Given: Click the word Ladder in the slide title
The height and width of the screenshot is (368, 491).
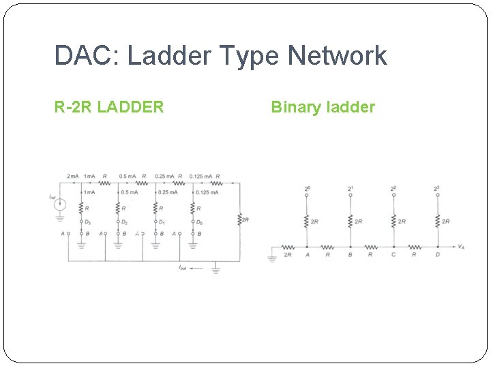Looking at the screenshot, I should pyautogui.click(x=161, y=56).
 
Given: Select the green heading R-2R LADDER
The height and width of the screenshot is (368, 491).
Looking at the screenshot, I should pyautogui.click(x=109, y=107).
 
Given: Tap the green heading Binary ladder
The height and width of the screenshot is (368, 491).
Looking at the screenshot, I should pyautogui.click(x=323, y=107).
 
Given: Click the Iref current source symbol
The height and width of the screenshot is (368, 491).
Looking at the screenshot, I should pyautogui.click(x=60, y=203).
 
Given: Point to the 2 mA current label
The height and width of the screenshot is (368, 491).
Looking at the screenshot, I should pyautogui.click(x=73, y=177).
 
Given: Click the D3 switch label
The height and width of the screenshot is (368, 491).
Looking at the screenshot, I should pyautogui.click(x=87, y=221).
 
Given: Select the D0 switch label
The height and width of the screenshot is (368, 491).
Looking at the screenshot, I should pyautogui.click(x=199, y=221).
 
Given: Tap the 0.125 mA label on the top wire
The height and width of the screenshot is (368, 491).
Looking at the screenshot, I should pyautogui.click(x=200, y=177).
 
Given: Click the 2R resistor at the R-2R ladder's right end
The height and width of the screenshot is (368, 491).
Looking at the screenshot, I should pyautogui.click(x=239, y=219).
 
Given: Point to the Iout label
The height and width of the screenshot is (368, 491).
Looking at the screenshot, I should pyautogui.click(x=183, y=269).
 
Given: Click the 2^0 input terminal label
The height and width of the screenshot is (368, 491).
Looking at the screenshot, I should pyautogui.click(x=306, y=188).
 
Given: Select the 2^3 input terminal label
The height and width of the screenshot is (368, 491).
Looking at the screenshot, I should pyautogui.click(x=437, y=188).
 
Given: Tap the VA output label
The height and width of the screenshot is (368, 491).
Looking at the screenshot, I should pyautogui.click(x=462, y=247).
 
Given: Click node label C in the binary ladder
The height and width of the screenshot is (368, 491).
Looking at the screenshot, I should pyautogui.click(x=393, y=255).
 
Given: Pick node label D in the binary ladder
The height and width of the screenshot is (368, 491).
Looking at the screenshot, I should pyautogui.click(x=437, y=255).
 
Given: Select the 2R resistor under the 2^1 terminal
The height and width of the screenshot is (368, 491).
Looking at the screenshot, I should pyautogui.click(x=350, y=221).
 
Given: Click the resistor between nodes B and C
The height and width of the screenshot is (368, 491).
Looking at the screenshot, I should pyautogui.click(x=371, y=247).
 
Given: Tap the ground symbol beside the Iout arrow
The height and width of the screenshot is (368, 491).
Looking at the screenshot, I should pyautogui.click(x=215, y=270).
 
